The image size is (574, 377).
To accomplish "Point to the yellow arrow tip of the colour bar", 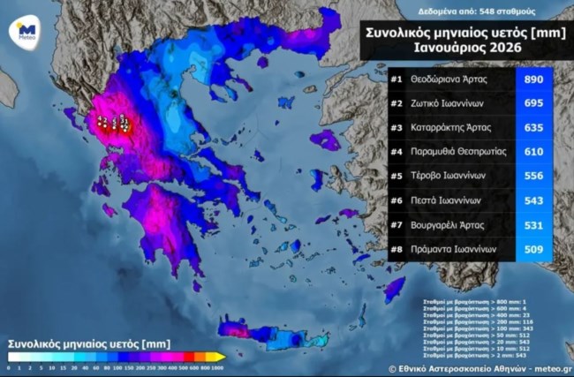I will (222, 356).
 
